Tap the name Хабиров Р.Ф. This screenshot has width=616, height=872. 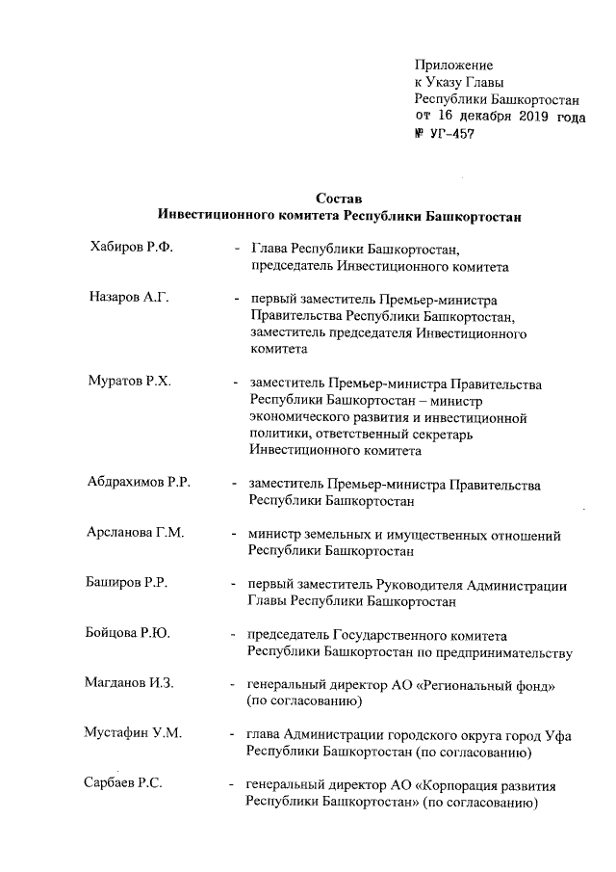click(131, 248)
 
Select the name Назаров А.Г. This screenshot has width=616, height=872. click(129, 299)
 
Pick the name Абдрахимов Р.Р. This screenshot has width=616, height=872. click(139, 483)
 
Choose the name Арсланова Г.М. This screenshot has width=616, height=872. click(136, 534)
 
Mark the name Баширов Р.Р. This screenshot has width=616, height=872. click(128, 584)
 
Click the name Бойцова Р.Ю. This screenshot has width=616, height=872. click(128, 634)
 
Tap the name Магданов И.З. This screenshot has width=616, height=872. click(129, 684)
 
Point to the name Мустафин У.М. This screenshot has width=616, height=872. click(132, 734)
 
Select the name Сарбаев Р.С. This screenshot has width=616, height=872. click(123, 784)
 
